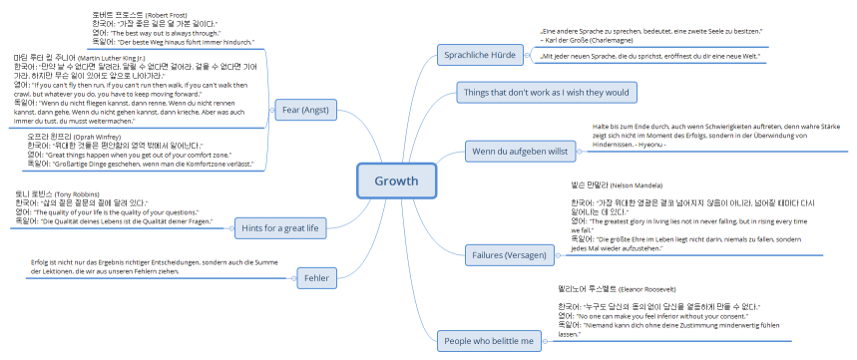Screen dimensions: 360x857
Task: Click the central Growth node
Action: point(396,180)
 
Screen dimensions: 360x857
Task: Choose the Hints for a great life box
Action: point(279,256)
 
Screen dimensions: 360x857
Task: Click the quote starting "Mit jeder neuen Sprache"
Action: point(648,58)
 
